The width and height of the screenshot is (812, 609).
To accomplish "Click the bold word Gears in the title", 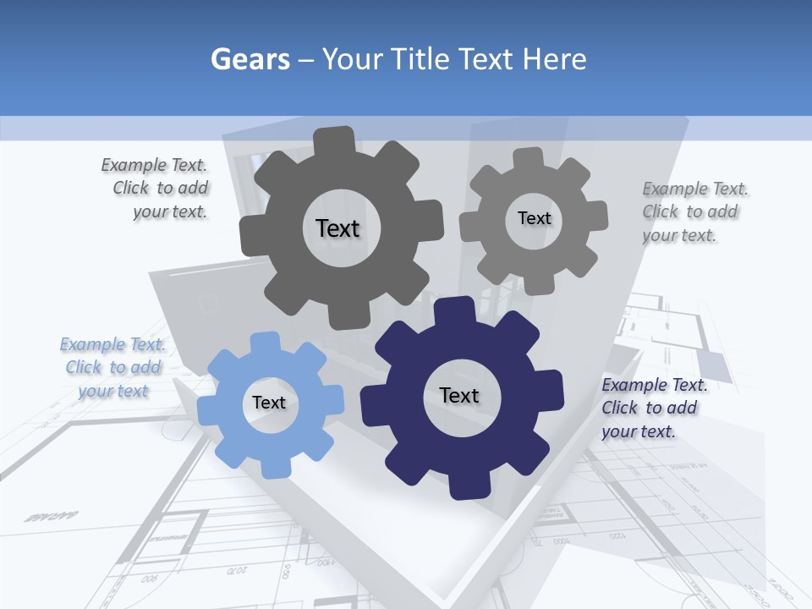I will [x=250, y=59].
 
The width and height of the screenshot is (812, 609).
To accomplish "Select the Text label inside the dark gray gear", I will [x=337, y=228].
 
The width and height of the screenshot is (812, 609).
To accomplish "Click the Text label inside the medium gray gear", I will [x=534, y=218].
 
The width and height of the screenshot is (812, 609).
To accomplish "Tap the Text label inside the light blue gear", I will [x=269, y=403].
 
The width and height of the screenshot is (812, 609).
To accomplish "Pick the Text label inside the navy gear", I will [x=459, y=395].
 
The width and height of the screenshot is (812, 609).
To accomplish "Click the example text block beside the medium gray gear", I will [x=694, y=211].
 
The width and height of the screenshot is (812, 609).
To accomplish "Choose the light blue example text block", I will [x=113, y=367].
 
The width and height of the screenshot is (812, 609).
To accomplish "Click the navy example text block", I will [x=654, y=408].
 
